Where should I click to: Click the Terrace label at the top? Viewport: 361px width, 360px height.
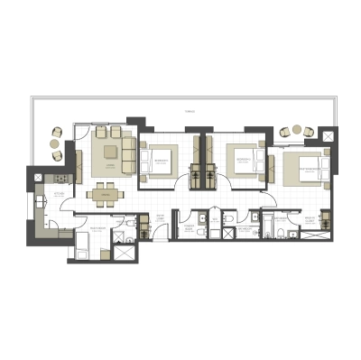[x=189, y=111]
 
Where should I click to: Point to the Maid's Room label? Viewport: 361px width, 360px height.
[x=90, y=232]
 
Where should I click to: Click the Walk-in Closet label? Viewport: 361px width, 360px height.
[x=308, y=220]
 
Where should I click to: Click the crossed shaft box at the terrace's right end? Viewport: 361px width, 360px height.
[x=331, y=136]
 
